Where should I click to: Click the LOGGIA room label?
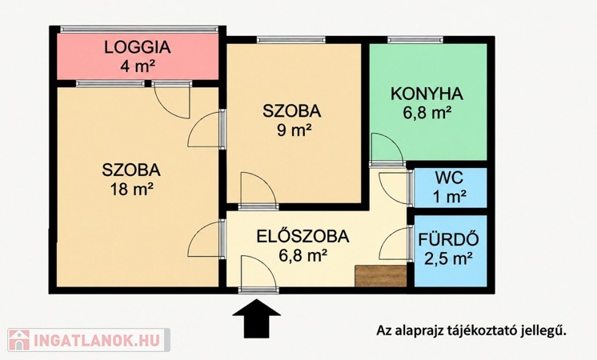pyautogui.click(x=138, y=47)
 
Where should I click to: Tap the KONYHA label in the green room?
pyautogui.click(x=427, y=94)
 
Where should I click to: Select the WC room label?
pyautogui.click(x=450, y=178)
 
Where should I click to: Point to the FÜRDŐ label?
pyautogui.click(x=448, y=239)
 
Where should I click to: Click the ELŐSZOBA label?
pyautogui.click(x=303, y=236)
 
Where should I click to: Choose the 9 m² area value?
pyautogui.click(x=294, y=130)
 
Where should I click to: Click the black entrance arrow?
pyautogui.click(x=257, y=318)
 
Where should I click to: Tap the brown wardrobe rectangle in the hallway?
pyautogui.click(x=380, y=276)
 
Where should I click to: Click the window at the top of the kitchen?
pyautogui.click(x=415, y=39)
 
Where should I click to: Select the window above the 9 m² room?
pyautogui.click(x=291, y=39)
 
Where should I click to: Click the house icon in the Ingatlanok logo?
pyautogui.click(x=19, y=340)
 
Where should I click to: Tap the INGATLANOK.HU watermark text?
pyautogui.click(x=96, y=340)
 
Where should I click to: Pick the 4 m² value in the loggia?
pyautogui.click(x=138, y=66)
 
